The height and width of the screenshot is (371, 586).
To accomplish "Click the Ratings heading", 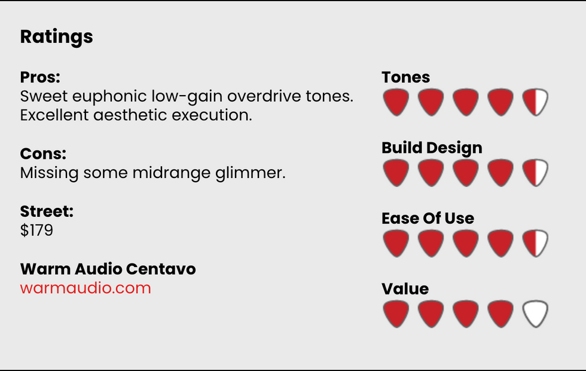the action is point(56,37).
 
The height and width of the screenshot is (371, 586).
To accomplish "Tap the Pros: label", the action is point(40,77).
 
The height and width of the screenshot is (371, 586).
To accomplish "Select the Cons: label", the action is point(43,154).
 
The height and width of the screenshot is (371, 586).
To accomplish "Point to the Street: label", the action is point(47,211).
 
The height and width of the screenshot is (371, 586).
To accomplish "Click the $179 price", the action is point(36,230).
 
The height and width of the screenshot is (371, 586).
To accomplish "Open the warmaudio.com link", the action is point(86,288).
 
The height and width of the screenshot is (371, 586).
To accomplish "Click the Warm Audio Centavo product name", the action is point(108,269).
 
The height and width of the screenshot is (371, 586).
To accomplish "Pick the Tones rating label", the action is point(405,77).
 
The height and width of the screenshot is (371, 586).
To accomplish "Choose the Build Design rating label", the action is point(432,148).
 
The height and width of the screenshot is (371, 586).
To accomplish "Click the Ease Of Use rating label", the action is point(428,218).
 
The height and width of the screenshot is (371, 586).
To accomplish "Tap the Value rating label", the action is point(405,289).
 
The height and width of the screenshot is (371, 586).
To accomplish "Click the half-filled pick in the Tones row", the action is point(535,102).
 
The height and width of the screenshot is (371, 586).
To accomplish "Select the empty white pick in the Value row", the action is point(535,314).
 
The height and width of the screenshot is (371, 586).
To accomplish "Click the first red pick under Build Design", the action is point(396,173).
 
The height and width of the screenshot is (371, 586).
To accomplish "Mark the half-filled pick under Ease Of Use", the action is point(535,243).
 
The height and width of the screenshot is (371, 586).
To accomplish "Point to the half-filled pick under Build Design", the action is point(535,173).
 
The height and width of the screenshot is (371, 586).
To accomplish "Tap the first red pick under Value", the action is point(396,314).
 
